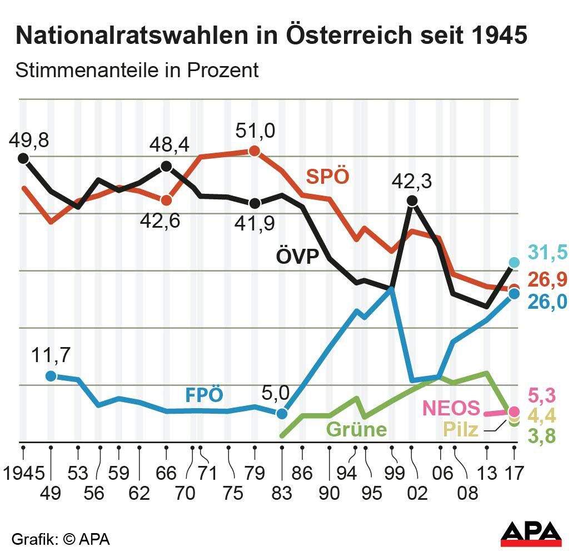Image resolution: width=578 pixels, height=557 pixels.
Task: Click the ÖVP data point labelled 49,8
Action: (23, 158)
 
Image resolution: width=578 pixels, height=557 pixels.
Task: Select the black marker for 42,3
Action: (412, 200)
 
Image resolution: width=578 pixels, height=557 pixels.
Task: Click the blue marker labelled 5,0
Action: (282, 413)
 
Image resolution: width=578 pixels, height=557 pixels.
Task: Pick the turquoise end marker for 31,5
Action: (514, 263)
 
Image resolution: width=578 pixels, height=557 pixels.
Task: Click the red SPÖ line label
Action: (328, 177)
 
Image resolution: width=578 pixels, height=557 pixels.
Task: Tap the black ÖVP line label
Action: (297, 257)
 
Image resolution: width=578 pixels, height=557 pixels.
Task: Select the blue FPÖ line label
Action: (204, 395)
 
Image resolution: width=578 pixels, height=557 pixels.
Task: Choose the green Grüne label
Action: (356, 429)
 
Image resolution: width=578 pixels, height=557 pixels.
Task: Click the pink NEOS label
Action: (451, 408)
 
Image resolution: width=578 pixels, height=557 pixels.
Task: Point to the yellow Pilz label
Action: (460, 429)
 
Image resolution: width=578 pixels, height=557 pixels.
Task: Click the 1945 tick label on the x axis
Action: (23, 473)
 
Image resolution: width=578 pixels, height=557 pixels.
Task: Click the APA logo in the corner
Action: (531, 534)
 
